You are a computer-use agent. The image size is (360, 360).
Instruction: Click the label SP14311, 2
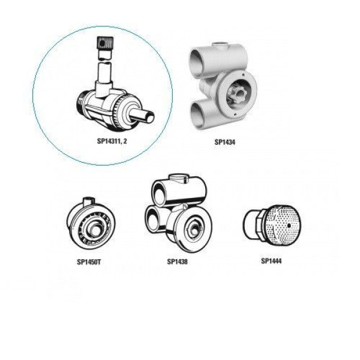pyautogui.click(x=112, y=141)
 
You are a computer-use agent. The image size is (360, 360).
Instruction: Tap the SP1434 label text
pyautogui.click(x=225, y=142)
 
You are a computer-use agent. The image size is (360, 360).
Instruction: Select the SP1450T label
pyautogui.click(x=89, y=262)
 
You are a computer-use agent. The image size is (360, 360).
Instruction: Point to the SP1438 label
pyautogui.click(x=177, y=262)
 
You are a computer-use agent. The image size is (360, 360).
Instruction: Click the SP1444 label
pyautogui.click(x=271, y=261)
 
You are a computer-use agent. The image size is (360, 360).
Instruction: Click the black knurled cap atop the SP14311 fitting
pyautogui.click(x=105, y=43)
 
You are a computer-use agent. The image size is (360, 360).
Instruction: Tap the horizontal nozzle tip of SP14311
pyautogui.click(x=144, y=116)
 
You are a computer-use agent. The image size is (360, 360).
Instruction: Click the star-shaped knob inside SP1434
pyautogui.click(x=237, y=94)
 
